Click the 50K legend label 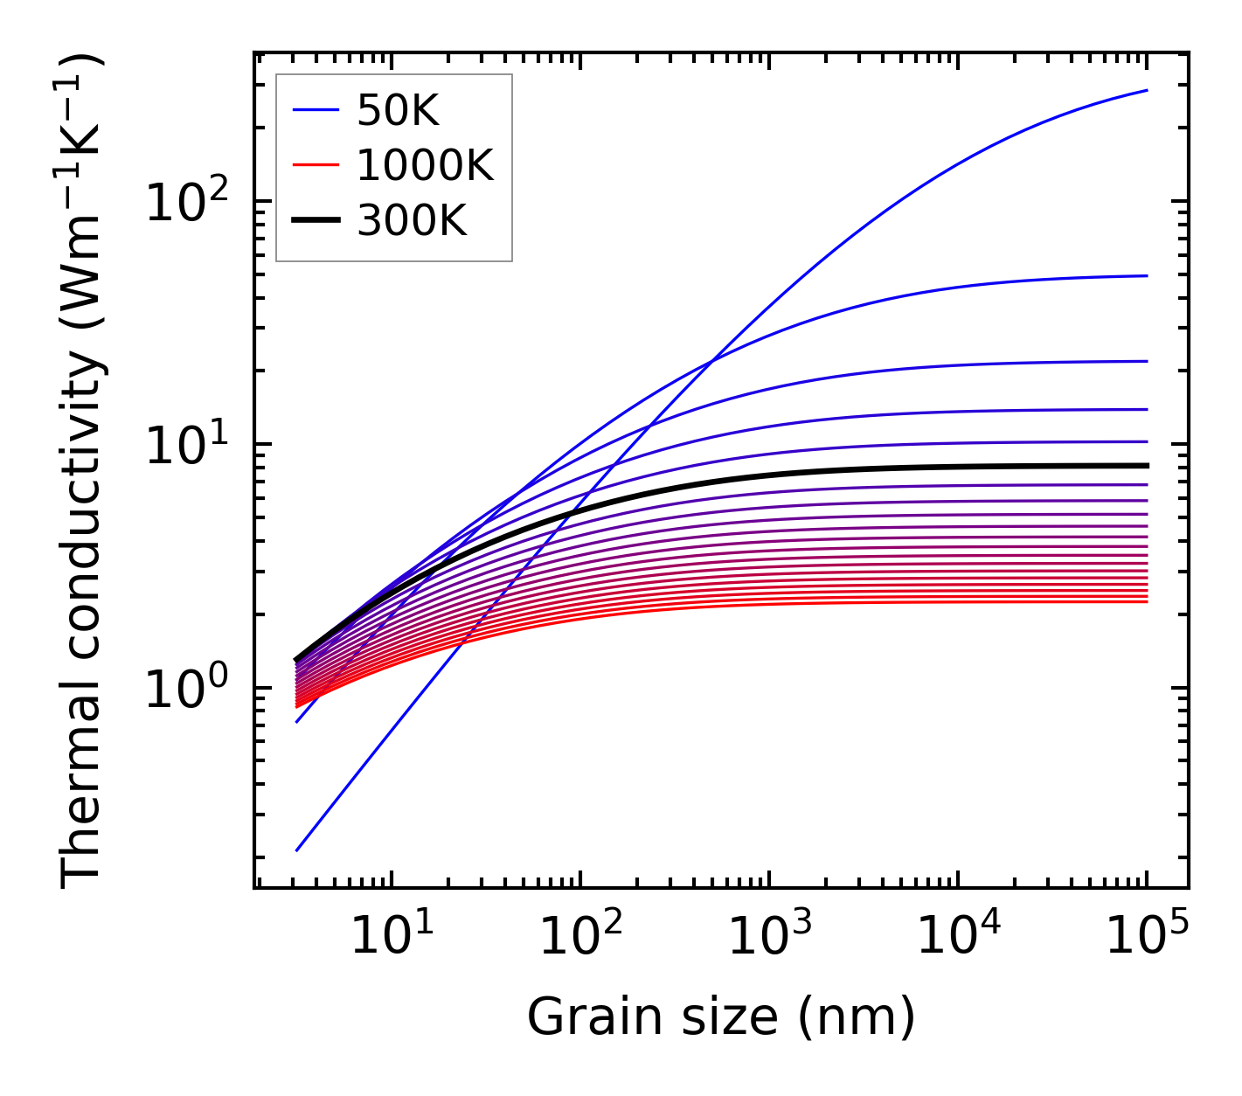[x=398, y=110]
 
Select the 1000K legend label [x=425, y=165]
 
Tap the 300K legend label [x=412, y=221]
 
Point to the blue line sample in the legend [x=315, y=110]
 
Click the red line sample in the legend [x=315, y=165]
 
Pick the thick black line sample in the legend [x=315, y=221]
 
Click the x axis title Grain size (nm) [x=721, y=1017]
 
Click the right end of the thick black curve [x=1147, y=466]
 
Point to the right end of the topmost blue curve [x=1147, y=90]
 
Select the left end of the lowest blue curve [x=297, y=850]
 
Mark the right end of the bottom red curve [x=1147, y=601]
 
